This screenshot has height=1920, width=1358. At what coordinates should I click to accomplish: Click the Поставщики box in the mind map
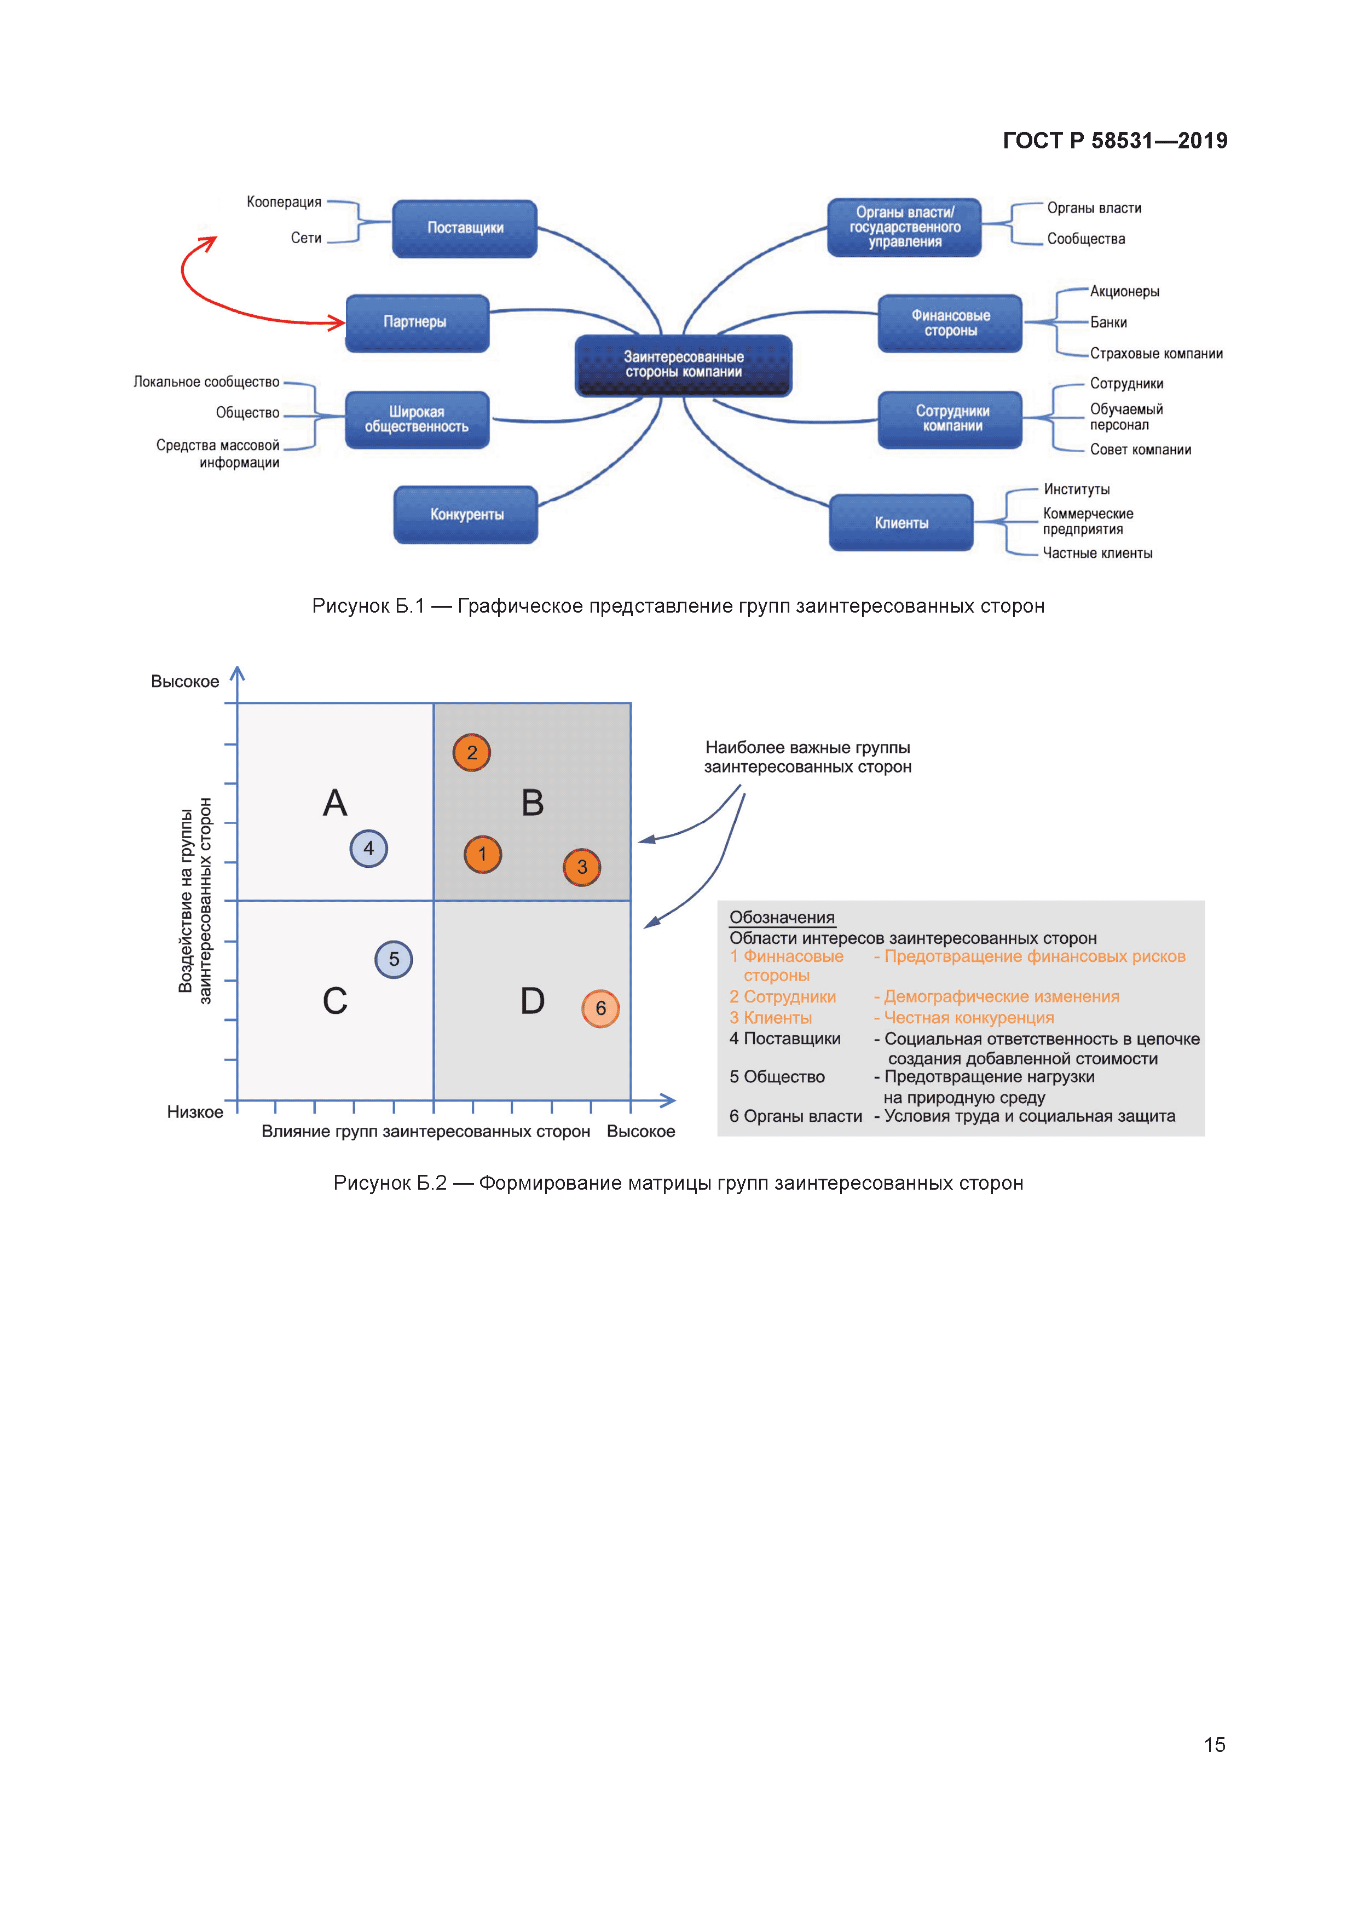(x=465, y=228)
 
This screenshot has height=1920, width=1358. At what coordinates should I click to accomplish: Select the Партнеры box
(x=417, y=323)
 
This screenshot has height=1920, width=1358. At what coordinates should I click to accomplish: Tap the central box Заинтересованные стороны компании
(x=683, y=365)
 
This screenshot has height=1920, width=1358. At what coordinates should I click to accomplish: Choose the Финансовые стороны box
(x=950, y=324)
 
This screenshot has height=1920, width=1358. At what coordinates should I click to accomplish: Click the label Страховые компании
(x=1155, y=354)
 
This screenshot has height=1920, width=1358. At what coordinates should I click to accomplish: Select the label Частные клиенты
(x=1097, y=553)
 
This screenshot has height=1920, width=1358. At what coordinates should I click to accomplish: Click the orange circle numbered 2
(x=472, y=753)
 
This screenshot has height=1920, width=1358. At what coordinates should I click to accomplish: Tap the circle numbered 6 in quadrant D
(x=600, y=1008)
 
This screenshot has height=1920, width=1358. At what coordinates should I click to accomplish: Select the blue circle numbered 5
(x=394, y=959)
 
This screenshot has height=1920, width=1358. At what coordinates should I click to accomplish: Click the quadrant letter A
(x=334, y=804)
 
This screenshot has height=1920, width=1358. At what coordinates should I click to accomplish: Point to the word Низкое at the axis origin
(x=195, y=1112)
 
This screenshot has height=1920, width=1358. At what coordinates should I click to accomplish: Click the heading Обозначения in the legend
(x=782, y=918)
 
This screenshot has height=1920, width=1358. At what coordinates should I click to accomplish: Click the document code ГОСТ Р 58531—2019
(x=1114, y=141)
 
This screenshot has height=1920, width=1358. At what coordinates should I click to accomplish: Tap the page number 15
(x=1214, y=1745)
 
